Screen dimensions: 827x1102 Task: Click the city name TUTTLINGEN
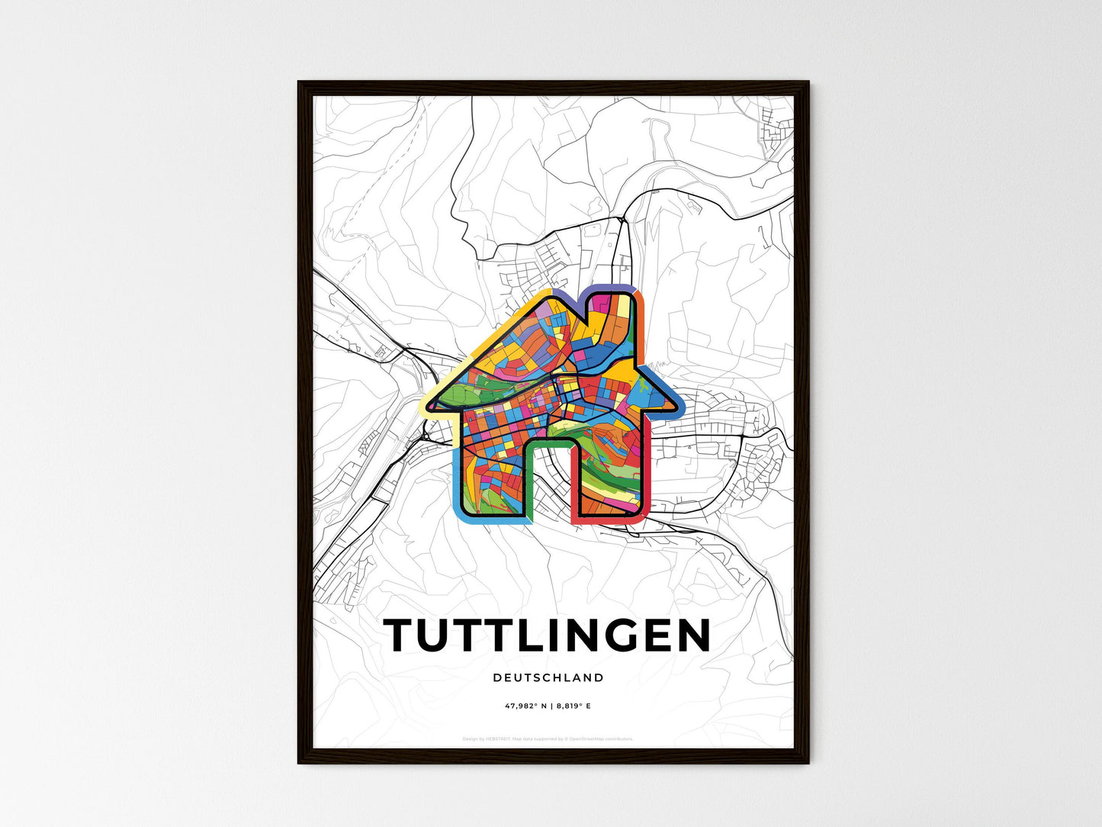click(x=548, y=636)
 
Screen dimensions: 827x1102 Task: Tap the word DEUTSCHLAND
click(x=548, y=677)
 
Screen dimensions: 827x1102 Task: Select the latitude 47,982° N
click(x=525, y=706)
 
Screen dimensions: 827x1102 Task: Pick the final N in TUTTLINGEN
click(x=691, y=636)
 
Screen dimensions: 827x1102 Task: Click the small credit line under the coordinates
click(x=548, y=739)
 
